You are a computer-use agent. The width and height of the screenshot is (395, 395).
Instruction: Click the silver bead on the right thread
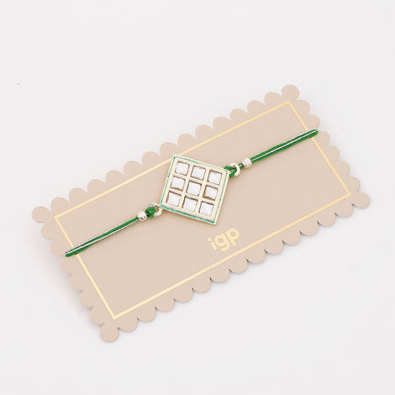[x=246, y=162]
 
